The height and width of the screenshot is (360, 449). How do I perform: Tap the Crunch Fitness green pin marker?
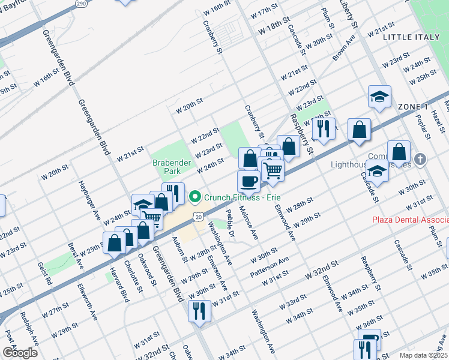(194, 197)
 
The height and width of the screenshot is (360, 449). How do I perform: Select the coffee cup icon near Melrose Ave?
(249, 181)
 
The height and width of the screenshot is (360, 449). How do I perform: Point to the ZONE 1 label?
(412, 106)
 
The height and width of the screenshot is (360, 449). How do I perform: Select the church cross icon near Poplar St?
(420, 160)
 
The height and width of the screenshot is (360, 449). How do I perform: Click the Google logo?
(20, 352)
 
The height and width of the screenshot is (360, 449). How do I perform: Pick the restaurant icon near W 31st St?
(197, 310)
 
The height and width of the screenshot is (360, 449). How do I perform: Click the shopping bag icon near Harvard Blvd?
(114, 243)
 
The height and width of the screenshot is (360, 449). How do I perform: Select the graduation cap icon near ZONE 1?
(379, 96)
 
